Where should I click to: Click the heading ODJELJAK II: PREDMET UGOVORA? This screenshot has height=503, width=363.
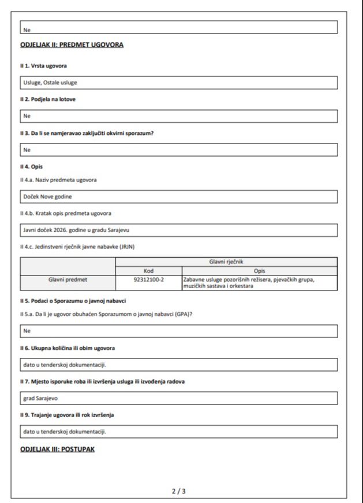(72, 44)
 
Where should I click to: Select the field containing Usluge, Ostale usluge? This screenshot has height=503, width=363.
(178, 82)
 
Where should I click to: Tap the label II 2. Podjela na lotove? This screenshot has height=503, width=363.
(48, 99)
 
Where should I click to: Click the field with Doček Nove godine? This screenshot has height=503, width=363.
(178, 196)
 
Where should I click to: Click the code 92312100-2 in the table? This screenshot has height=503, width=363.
(148, 279)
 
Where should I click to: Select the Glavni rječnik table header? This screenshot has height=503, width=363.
(226, 262)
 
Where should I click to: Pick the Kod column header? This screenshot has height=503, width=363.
(148, 271)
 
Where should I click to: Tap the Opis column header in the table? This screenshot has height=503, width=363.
(259, 271)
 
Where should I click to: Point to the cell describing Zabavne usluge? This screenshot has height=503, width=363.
(259, 282)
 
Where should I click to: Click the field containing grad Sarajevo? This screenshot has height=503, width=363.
(178, 398)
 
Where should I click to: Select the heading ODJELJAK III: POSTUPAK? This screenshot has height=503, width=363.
(57, 449)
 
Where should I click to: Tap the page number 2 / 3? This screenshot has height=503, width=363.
(179, 491)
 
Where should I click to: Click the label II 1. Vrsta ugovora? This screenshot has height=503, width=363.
(44, 66)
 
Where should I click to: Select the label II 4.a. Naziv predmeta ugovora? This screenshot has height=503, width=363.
(58, 180)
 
